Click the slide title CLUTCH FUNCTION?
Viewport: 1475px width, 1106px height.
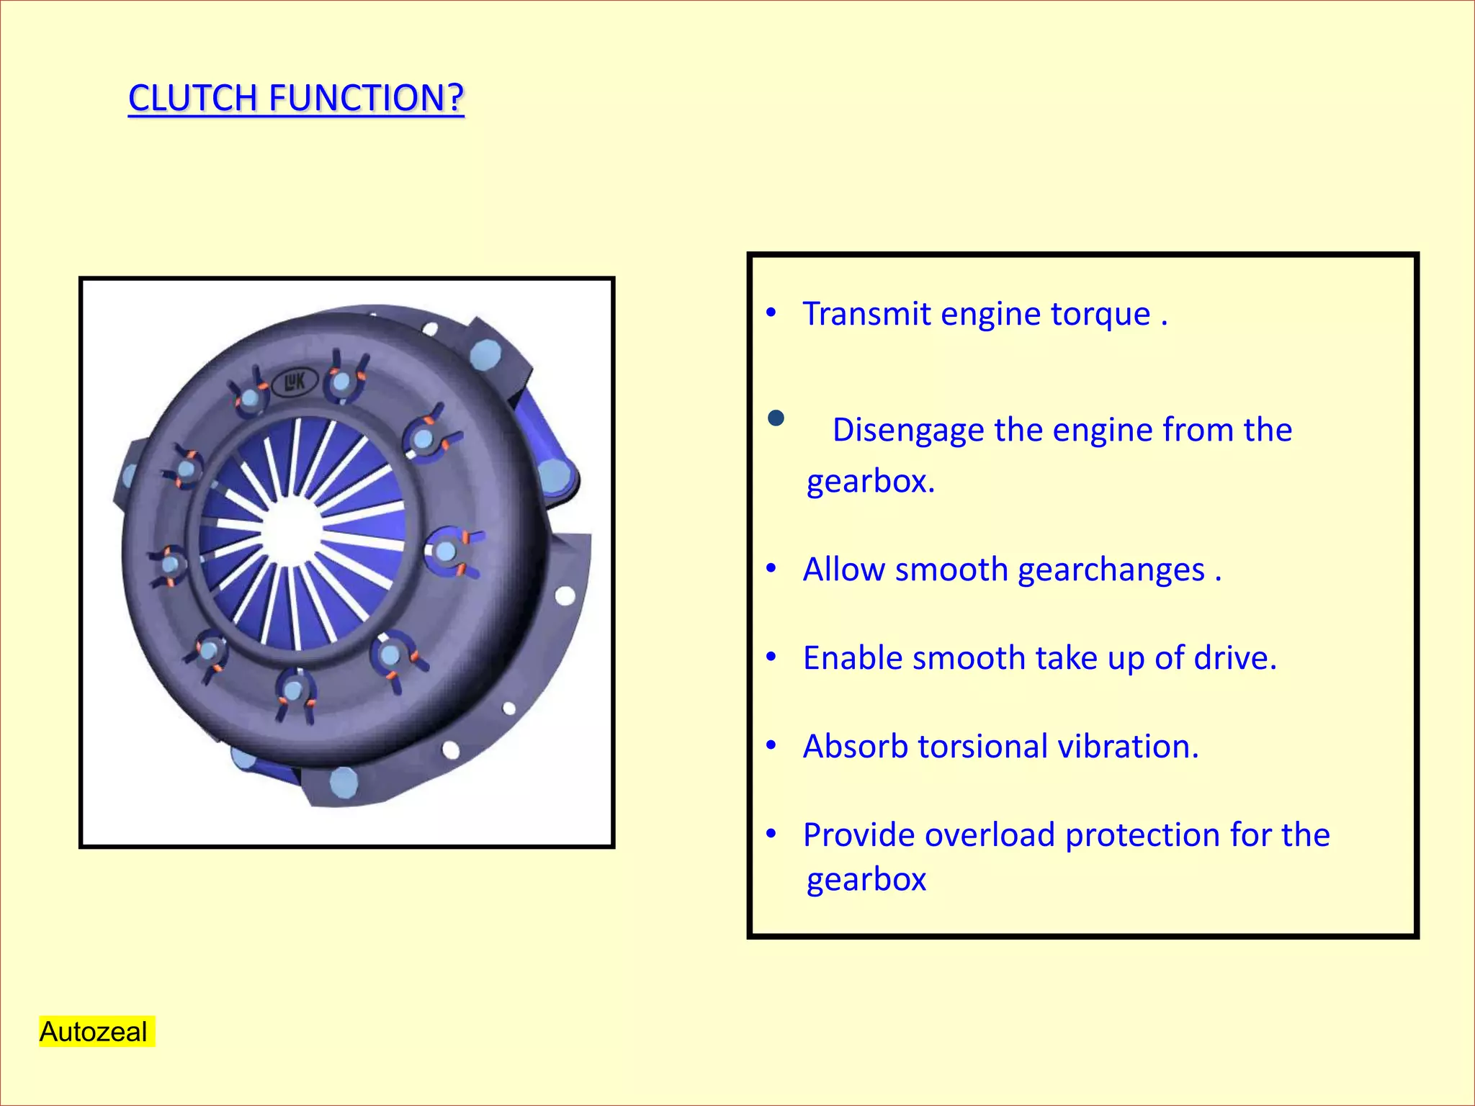[x=296, y=98]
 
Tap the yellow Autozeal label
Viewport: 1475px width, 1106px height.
[x=94, y=1031]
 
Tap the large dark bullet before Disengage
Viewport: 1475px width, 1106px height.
[x=776, y=418]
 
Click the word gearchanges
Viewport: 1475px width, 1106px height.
[x=1111, y=570]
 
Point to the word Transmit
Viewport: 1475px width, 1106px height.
[x=866, y=314]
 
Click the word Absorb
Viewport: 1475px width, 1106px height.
[x=855, y=747]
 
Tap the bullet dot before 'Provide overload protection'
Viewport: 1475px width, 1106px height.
[x=771, y=834]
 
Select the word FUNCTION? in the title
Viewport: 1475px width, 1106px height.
[x=366, y=98]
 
